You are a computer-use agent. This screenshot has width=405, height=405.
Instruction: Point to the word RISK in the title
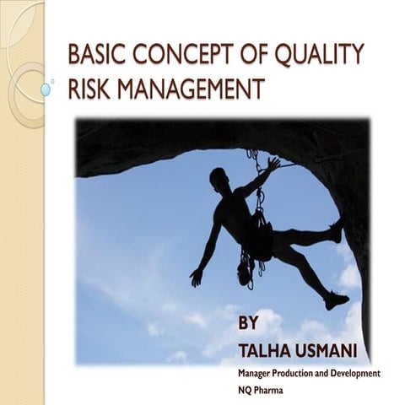89,89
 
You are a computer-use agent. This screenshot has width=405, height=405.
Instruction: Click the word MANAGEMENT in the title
189,89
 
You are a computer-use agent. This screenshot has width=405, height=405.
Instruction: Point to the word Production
309,372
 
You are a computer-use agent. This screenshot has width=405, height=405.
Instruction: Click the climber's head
219,178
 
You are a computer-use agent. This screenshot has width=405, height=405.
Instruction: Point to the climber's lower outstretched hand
197,277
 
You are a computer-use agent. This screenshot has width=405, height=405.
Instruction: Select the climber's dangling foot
337,300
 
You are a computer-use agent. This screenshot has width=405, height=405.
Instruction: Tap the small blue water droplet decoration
46,89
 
